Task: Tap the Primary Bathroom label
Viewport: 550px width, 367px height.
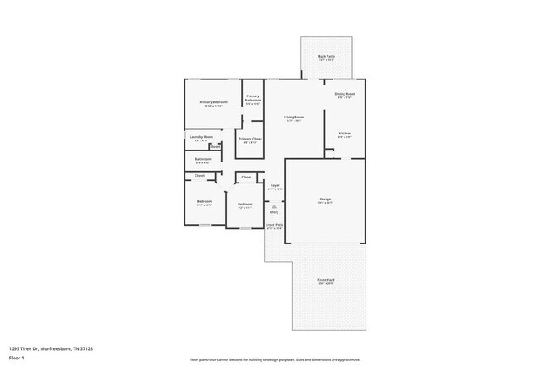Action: [252, 97]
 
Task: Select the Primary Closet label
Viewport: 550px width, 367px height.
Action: [250, 138]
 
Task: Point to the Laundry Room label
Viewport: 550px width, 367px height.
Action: [201, 136]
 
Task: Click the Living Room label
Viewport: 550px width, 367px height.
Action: [294, 118]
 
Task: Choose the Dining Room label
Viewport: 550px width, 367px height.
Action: [344, 94]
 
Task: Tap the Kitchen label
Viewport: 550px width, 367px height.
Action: [344, 133]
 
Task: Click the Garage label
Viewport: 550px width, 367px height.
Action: [325, 200]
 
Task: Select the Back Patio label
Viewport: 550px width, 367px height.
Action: [327, 56]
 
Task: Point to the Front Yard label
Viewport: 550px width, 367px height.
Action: [326, 282]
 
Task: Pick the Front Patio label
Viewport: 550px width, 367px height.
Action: [274, 225]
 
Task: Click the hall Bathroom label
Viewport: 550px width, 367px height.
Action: [203, 158]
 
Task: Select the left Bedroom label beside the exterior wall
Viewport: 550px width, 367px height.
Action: [204, 201]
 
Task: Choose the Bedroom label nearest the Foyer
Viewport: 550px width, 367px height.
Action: [245, 205]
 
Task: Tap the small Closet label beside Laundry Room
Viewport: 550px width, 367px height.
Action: [216, 146]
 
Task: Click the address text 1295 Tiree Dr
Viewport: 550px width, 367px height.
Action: [51, 348]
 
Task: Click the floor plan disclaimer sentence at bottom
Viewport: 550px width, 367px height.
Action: [274, 359]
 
